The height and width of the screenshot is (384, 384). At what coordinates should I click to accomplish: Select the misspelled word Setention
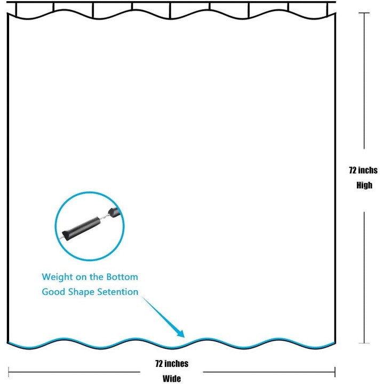point(118,292)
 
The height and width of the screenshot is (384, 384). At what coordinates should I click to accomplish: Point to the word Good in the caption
point(54,292)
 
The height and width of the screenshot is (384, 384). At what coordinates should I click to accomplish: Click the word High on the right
point(364,186)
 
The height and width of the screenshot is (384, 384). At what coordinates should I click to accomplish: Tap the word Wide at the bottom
point(172,379)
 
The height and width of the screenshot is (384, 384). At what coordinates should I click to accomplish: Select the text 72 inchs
point(363,170)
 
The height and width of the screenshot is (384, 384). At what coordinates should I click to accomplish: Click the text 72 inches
point(172,364)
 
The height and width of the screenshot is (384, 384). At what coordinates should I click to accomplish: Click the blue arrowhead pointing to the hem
point(181,333)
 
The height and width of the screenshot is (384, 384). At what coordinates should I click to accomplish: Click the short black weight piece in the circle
point(115,212)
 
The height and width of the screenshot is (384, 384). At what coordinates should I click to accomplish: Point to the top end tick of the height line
point(364,13)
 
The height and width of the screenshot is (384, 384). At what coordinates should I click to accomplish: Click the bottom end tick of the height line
point(364,343)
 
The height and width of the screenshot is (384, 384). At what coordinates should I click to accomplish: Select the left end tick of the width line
point(9,372)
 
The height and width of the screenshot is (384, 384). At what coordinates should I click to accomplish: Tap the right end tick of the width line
point(335,372)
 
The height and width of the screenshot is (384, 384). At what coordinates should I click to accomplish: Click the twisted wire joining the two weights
point(105,217)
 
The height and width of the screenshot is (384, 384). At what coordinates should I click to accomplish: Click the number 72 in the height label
point(353,170)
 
